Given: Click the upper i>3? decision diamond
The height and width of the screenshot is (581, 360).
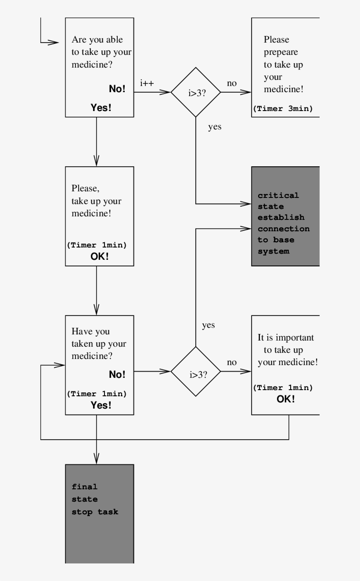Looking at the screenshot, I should (x=195, y=92).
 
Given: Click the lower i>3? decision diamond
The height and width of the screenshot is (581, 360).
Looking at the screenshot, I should (x=195, y=372).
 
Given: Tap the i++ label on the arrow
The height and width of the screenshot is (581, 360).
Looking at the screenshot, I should (x=147, y=83).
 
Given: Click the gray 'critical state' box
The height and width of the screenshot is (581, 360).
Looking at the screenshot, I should (x=285, y=216).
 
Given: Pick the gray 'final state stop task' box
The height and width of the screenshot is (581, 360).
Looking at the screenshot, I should (x=99, y=513).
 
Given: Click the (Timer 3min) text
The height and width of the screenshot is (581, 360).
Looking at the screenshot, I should (x=283, y=109).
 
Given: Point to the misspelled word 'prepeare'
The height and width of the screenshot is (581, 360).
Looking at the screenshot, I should (x=281, y=52).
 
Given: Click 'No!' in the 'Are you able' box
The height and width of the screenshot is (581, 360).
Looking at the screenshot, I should (x=117, y=89).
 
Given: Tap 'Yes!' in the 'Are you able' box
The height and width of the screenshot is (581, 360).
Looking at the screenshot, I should (x=101, y=108).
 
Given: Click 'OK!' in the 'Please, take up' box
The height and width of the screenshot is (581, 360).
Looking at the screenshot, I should (x=100, y=257).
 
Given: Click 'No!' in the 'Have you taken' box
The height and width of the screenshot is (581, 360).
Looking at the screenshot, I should (x=117, y=374).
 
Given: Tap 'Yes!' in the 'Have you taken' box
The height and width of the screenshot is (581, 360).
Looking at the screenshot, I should (x=101, y=405).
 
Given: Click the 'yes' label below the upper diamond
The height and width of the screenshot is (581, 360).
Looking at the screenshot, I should (x=215, y=127).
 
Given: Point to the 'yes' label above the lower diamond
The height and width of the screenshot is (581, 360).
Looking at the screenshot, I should (x=208, y=325).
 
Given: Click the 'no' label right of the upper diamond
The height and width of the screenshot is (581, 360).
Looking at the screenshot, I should (x=231, y=83).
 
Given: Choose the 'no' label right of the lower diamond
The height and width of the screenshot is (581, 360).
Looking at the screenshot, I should (x=231, y=362).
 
